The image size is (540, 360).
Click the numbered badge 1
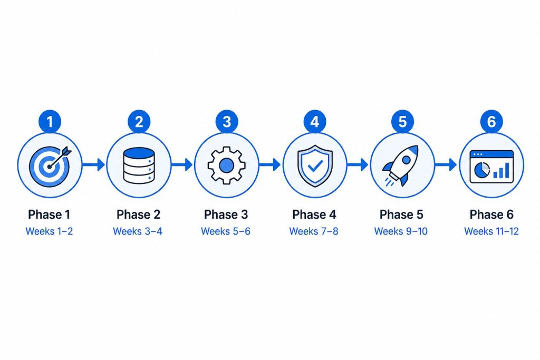coord(50,121)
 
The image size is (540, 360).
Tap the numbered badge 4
coord(314,121)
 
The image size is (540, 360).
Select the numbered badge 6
coord(491,121)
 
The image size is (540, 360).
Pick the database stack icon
coord(139,166)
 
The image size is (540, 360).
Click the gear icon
coord(227,165)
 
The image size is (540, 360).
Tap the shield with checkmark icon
coord(315,166)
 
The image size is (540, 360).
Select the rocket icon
coord(401,166)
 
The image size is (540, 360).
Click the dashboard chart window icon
coord(491,166)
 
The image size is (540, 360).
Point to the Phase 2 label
coord(139,215)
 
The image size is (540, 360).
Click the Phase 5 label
coord(401,215)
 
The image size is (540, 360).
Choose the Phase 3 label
coord(226,215)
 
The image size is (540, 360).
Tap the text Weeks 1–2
coord(49,231)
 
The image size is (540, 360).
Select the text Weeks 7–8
coord(314,231)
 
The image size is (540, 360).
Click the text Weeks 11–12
coord(491,231)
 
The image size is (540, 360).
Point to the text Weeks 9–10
coord(401,231)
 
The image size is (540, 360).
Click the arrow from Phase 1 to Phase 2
coord(93,165)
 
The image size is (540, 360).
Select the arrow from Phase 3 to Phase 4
coord(269,165)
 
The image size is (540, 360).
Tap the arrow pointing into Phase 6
coord(446,165)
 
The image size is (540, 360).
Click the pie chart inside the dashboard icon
coord(482,169)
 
